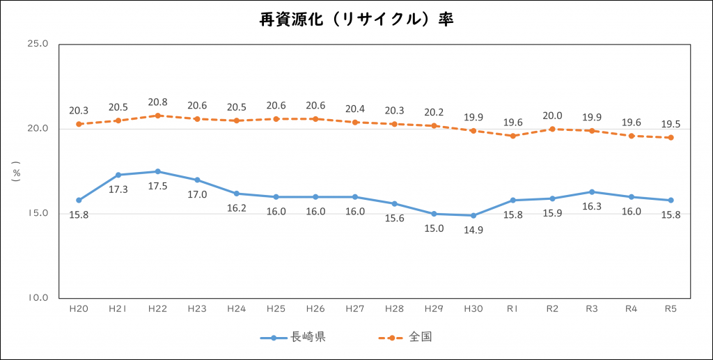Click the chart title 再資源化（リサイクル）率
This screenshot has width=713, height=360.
[356, 19]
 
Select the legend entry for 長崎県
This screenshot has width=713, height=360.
[293, 338]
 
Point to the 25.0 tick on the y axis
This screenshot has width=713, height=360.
[38, 44]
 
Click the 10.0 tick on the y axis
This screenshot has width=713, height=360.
[38, 298]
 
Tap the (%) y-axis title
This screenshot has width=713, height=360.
[15, 171]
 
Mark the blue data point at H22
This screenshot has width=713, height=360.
[158, 171]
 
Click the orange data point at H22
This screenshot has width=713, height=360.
[158, 116]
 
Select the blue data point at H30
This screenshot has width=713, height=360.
[473, 215]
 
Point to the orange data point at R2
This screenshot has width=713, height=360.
[552, 129]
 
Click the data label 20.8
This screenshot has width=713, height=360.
[158, 101]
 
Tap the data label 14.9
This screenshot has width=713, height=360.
[473, 230]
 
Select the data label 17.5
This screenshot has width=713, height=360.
[158, 187]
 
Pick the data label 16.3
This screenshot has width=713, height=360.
[592, 207]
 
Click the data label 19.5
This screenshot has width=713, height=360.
[671, 124]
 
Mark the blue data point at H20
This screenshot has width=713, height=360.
[79, 200]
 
